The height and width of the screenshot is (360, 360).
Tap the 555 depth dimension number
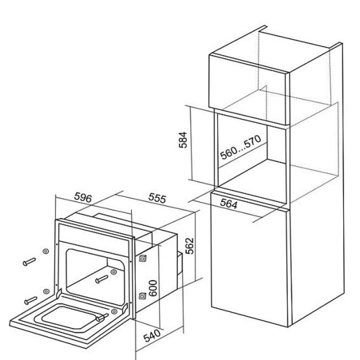(157, 198)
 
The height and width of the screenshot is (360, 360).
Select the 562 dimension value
(189, 246)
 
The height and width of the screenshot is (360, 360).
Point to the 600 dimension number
(153, 288)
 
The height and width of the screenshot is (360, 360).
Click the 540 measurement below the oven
(152, 335)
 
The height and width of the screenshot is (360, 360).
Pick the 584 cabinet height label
(183, 140)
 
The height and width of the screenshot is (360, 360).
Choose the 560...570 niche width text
(240, 147)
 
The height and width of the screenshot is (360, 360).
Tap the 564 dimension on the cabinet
(228, 203)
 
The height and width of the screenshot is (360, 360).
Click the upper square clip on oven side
(143, 258)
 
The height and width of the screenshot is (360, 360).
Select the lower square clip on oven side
(142, 296)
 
